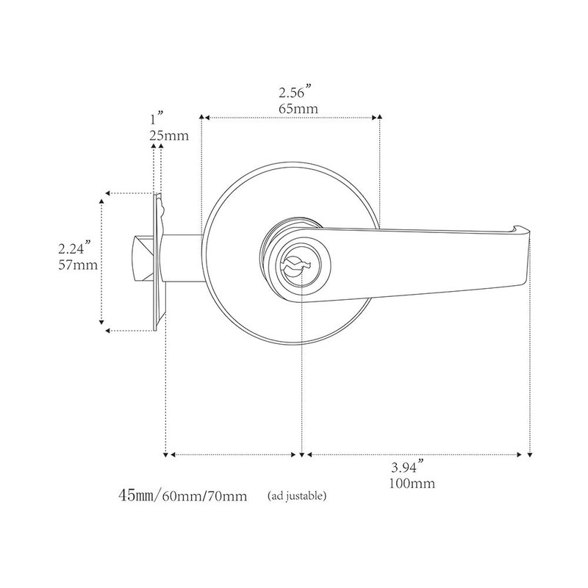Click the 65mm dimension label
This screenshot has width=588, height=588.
coord(293,110)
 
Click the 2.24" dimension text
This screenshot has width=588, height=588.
coord(77,248)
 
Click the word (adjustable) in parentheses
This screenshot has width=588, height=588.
coord(298,495)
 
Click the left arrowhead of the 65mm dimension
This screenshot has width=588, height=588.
coord(205,117)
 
